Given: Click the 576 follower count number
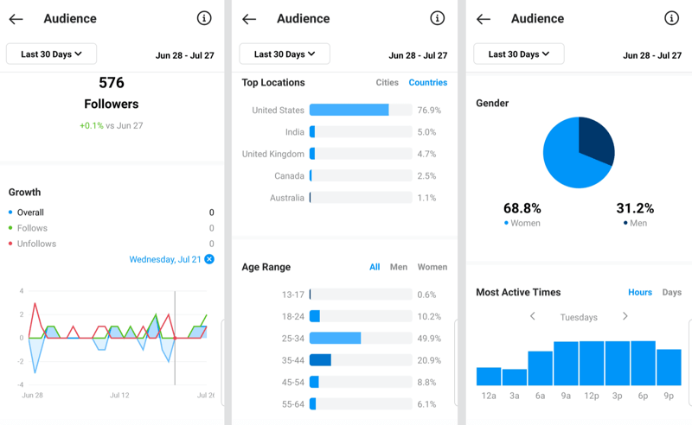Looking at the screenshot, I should [x=112, y=82].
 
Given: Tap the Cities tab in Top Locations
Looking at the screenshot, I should [x=387, y=83].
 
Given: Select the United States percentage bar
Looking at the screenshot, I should [x=349, y=111].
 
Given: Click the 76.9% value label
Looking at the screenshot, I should [x=428, y=111].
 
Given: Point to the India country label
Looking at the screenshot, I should [x=294, y=132].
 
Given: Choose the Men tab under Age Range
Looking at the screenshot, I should [x=398, y=267].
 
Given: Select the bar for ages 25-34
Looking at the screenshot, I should [x=336, y=339].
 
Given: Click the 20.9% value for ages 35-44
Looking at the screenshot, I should [x=428, y=360].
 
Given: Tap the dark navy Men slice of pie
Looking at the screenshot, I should [x=598, y=141].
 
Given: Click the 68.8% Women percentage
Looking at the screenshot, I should [x=522, y=208].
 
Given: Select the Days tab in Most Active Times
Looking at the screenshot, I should [x=671, y=292].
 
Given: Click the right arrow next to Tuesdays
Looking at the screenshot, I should [x=625, y=317].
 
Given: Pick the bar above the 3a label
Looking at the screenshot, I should [x=515, y=377].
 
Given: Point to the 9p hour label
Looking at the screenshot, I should [x=669, y=396].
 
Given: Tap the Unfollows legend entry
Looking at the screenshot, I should [x=36, y=244].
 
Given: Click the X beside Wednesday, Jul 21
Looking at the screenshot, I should [x=209, y=259].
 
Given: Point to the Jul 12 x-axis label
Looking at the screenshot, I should [x=119, y=395].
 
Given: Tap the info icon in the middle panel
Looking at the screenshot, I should [x=437, y=18].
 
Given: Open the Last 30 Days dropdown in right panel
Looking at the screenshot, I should [x=518, y=54].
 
